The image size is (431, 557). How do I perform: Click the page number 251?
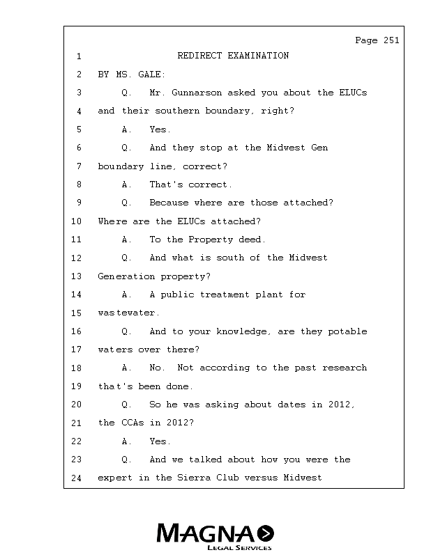click(x=391, y=40)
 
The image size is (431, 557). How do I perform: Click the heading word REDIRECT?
click(x=202, y=56)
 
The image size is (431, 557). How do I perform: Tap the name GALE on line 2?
click(x=153, y=74)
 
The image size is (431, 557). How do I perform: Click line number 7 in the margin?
click(x=79, y=166)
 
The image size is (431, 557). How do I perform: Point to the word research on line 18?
click(x=345, y=368)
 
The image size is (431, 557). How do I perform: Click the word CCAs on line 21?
click(x=136, y=423)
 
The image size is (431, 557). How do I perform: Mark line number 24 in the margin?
click(x=77, y=478)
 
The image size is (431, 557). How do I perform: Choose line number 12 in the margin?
click(x=77, y=258)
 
